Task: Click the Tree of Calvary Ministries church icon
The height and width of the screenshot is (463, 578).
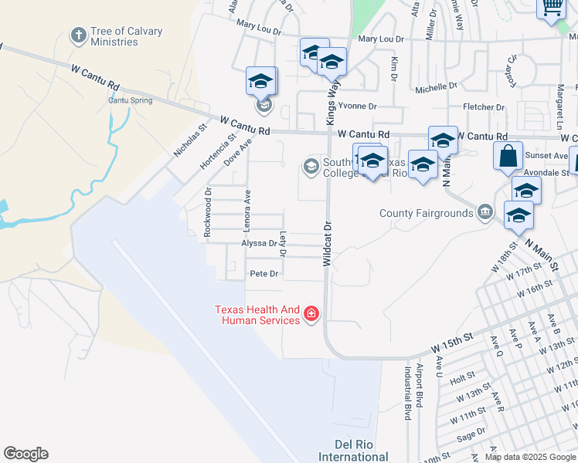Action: point(77,35)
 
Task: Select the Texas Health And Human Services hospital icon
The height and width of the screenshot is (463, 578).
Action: point(311,314)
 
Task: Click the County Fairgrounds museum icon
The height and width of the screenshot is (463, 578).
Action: point(484,212)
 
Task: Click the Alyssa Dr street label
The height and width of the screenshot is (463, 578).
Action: point(259,243)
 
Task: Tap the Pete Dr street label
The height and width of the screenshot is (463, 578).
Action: point(263,274)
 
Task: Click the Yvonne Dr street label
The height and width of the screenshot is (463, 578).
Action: point(357,106)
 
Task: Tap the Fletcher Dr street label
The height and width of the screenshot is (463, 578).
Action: point(483,106)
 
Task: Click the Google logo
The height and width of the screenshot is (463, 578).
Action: point(25,454)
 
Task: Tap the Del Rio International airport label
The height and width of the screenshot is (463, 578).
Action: point(353,451)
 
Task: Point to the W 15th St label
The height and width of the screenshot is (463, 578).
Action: point(451,341)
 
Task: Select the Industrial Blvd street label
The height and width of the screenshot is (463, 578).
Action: point(406,393)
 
